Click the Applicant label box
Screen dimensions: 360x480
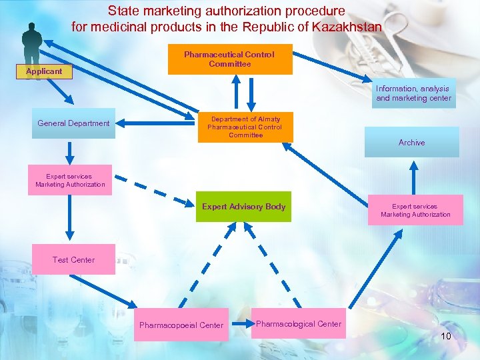44,71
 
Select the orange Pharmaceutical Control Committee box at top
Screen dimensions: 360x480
229,59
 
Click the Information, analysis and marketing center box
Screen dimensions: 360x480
413,93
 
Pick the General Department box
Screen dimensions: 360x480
73,123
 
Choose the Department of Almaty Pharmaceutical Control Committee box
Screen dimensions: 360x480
245,127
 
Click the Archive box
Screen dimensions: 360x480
411,142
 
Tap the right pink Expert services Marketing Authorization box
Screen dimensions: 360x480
415,210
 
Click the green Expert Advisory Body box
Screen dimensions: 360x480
243,207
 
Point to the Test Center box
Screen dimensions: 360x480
73,259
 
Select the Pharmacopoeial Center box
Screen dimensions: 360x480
181,325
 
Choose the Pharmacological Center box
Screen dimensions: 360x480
299,324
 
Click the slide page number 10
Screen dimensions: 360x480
445,336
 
